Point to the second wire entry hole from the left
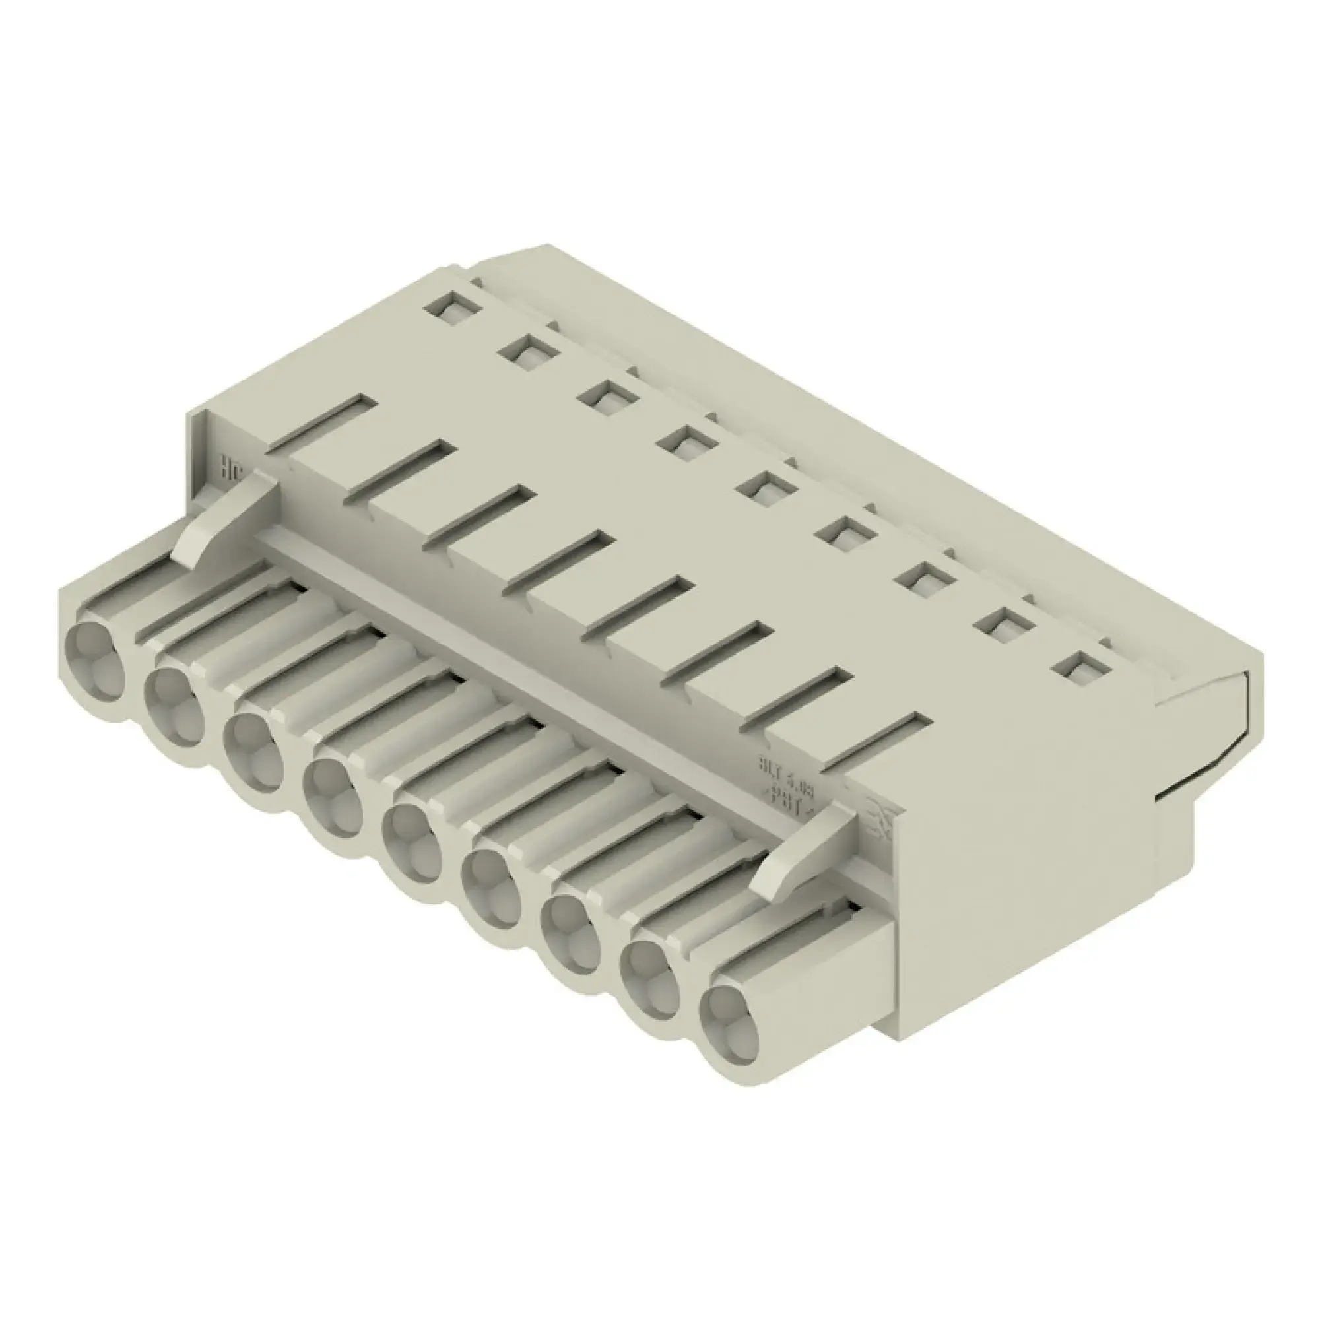pos(174,697)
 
